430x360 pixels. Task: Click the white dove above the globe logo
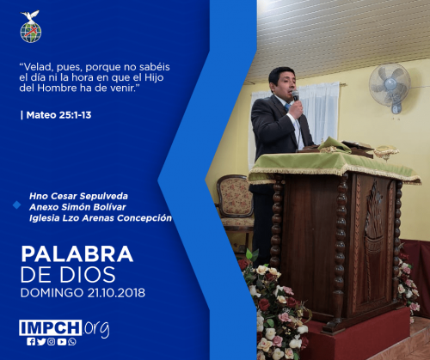[30, 15]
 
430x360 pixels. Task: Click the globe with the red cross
[31, 33]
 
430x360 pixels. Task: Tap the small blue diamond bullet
[17, 205]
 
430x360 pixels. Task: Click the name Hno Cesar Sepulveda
[78, 196]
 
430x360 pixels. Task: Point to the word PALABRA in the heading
[77, 254]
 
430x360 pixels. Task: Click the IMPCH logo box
[51, 327]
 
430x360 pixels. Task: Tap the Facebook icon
[31, 342]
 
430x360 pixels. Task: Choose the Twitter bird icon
[41, 342]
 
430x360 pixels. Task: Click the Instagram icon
[52, 342]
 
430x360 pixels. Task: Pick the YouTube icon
[62, 342]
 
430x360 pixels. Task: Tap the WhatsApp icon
[72, 342]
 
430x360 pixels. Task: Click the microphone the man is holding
[296, 95]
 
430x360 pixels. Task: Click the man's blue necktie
[287, 107]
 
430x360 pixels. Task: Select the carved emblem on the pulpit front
[374, 217]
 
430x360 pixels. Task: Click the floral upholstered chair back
[235, 196]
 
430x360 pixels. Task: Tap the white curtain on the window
[320, 112]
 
